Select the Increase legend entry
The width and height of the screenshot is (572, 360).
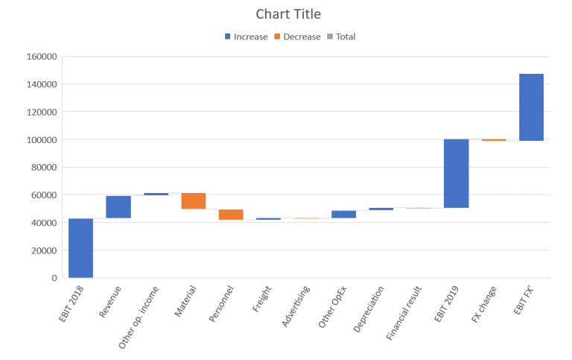click(x=250, y=37)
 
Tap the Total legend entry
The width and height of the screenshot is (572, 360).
click(x=346, y=37)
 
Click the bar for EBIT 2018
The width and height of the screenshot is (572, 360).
click(x=80, y=247)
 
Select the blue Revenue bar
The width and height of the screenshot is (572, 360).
click(x=118, y=206)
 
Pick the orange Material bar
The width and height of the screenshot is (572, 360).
click(x=194, y=200)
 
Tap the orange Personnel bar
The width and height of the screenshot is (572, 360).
click(x=231, y=215)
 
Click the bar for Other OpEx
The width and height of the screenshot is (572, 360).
click(x=343, y=214)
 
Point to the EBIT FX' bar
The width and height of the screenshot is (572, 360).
click(x=531, y=107)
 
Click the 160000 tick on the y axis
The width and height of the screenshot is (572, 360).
click(x=42, y=57)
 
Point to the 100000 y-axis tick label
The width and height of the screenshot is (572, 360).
click(x=42, y=139)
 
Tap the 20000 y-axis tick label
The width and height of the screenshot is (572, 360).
click(x=45, y=250)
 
